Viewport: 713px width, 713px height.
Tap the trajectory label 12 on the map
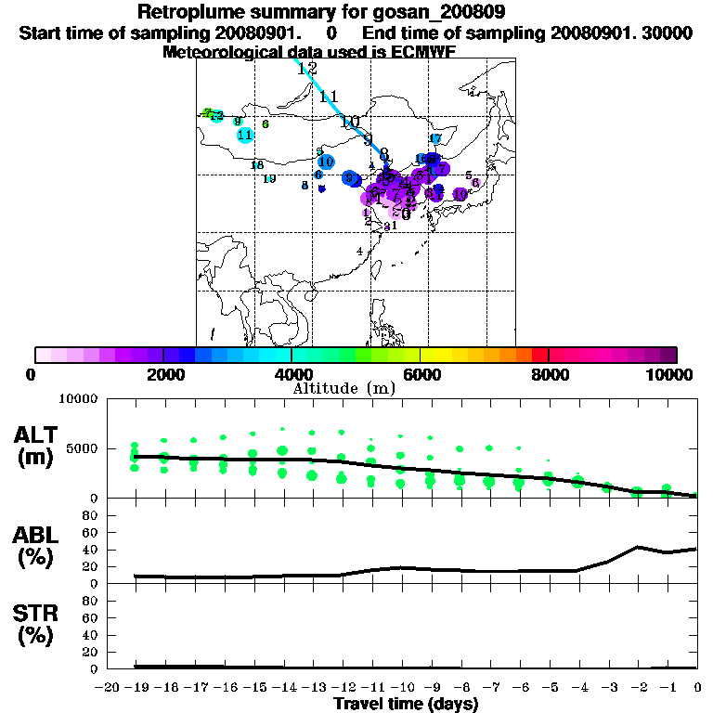(x=307, y=69)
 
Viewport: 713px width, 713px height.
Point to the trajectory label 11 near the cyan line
(x=330, y=97)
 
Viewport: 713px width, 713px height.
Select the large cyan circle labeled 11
(x=245, y=135)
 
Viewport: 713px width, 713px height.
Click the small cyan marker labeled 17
(x=434, y=139)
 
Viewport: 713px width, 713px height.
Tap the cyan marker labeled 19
(x=269, y=179)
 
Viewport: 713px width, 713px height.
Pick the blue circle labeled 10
(x=326, y=162)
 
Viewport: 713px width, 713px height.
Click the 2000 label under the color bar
(x=163, y=374)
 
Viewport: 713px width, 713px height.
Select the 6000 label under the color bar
(x=421, y=374)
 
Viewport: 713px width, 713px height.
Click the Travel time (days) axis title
(x=406, y=705)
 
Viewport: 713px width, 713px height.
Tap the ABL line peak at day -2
(x=638, y=547)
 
